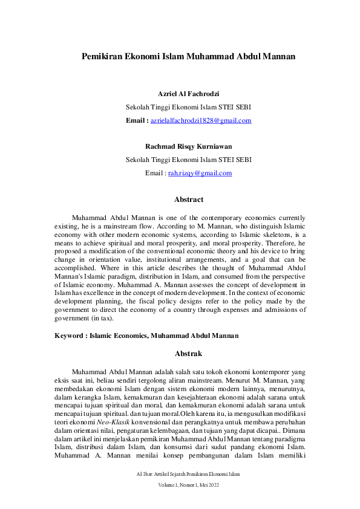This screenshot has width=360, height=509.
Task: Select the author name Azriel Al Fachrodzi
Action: tap(188, 94)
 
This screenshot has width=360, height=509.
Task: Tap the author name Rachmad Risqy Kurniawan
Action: tap(188, 146)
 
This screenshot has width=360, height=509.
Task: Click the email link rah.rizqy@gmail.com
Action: tap(200, 173)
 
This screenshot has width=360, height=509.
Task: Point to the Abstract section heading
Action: tap(188, 199)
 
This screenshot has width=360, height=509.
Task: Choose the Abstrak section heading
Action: tap(188, 353)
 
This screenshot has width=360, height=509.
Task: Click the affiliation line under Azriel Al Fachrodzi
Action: tap(188, 108)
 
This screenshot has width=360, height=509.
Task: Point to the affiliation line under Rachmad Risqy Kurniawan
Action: tap(188, 160)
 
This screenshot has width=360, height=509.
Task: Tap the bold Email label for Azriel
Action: tap(137, 120)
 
